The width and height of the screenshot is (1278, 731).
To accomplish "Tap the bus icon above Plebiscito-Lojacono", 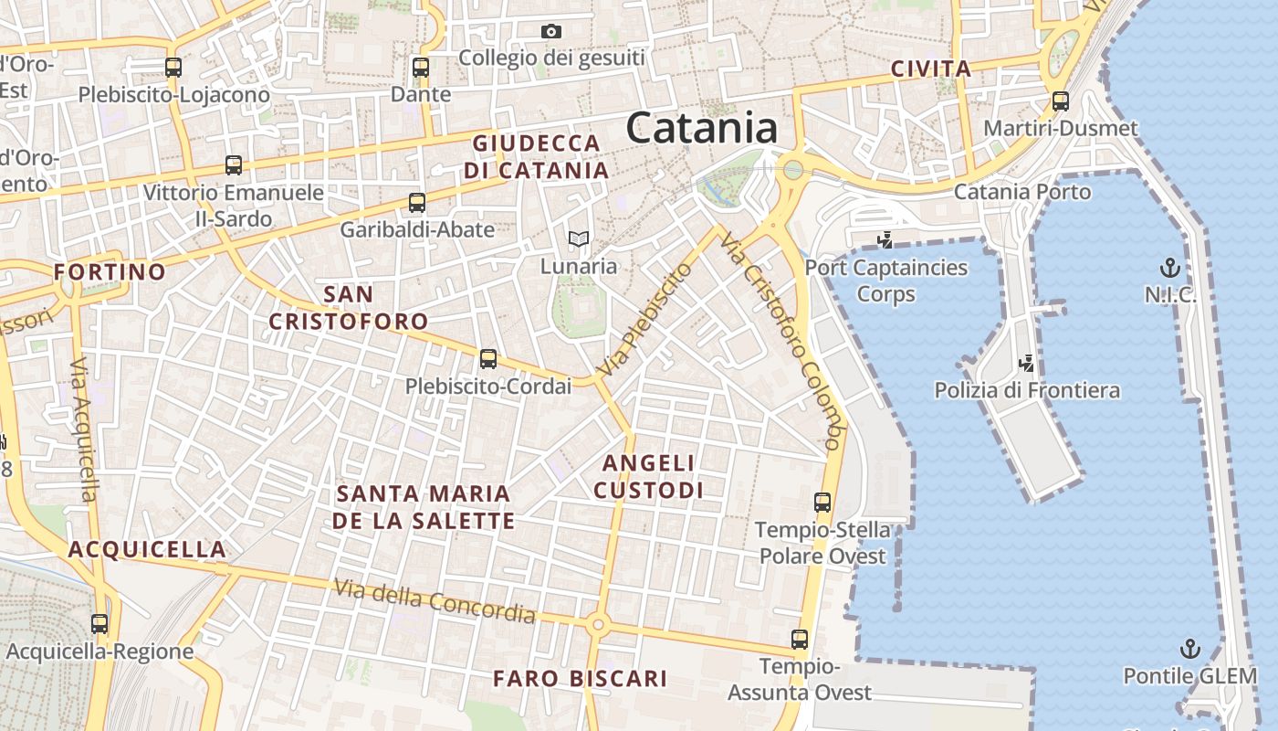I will pos(173,67).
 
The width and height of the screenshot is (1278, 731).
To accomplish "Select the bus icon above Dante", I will pos(421,67).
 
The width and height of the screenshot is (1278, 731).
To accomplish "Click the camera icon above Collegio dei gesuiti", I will pos(550,32).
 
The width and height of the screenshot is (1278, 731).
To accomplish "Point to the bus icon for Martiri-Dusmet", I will pos(1060,101).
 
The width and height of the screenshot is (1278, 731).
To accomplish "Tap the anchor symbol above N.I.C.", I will pos(1169,268).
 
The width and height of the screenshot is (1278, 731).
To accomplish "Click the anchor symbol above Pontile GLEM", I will pos(1189,649).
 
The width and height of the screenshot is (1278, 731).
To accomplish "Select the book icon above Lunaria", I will pos(579,239).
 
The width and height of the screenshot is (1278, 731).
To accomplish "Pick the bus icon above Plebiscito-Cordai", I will pos(488,359).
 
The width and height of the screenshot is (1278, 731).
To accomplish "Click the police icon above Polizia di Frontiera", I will pos(1027,363).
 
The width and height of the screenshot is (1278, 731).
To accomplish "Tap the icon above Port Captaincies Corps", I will pos(884,240).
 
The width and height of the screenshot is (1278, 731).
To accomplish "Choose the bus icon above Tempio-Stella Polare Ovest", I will pos(822,502).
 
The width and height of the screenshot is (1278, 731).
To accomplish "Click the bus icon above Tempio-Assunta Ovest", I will pos(800,640).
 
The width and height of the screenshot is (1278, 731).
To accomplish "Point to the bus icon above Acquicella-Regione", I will pos(100,624).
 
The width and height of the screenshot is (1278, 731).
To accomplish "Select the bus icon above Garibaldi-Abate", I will pos(417,202).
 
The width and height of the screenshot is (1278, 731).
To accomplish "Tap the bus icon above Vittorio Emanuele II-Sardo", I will pos(234,165).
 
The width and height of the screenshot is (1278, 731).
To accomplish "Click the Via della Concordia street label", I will pos(434,601).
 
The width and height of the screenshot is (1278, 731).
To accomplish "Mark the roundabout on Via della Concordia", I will pos(598,625).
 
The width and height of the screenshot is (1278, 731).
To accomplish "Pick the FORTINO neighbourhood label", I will pos(110,271).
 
